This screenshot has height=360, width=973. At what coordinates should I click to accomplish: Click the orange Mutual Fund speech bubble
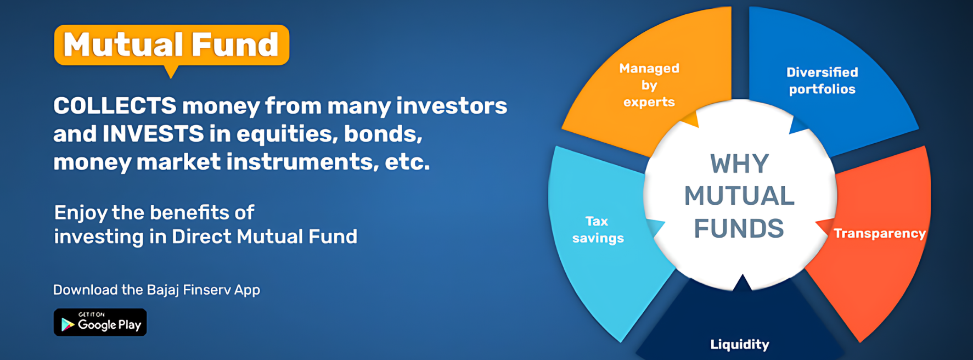(171, 46)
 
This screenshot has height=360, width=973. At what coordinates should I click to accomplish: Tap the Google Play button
(100, 322)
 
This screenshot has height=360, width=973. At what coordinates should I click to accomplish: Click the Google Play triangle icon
(68, 324)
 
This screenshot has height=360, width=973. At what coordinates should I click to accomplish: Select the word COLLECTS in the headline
(115, 105)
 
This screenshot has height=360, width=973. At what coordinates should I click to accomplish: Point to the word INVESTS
(153, 134)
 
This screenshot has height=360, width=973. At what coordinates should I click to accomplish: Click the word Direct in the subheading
(201, 237)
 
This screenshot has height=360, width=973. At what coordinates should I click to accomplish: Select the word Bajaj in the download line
(162, 290)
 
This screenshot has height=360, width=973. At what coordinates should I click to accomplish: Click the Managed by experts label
(649, 85)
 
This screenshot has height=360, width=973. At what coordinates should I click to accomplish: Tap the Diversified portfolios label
(822, 81)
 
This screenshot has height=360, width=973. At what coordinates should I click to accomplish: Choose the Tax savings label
(598, 229)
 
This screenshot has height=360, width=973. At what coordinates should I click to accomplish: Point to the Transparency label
(880, 233)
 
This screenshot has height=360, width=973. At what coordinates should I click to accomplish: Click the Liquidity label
(740, 344)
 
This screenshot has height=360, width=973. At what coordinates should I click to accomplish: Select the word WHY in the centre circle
(740, 164)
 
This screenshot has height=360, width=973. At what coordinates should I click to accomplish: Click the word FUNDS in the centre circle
(739, 228)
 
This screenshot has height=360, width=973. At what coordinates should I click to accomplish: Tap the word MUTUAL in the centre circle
(739, 196)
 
